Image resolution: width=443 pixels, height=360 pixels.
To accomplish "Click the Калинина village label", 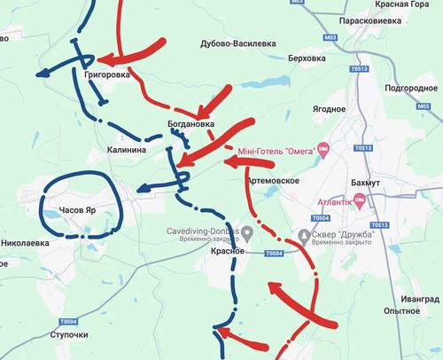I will pos(126,151).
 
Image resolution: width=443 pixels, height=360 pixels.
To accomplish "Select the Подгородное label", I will pos(410,90).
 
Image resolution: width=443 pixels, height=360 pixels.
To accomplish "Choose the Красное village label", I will pos(228,252).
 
